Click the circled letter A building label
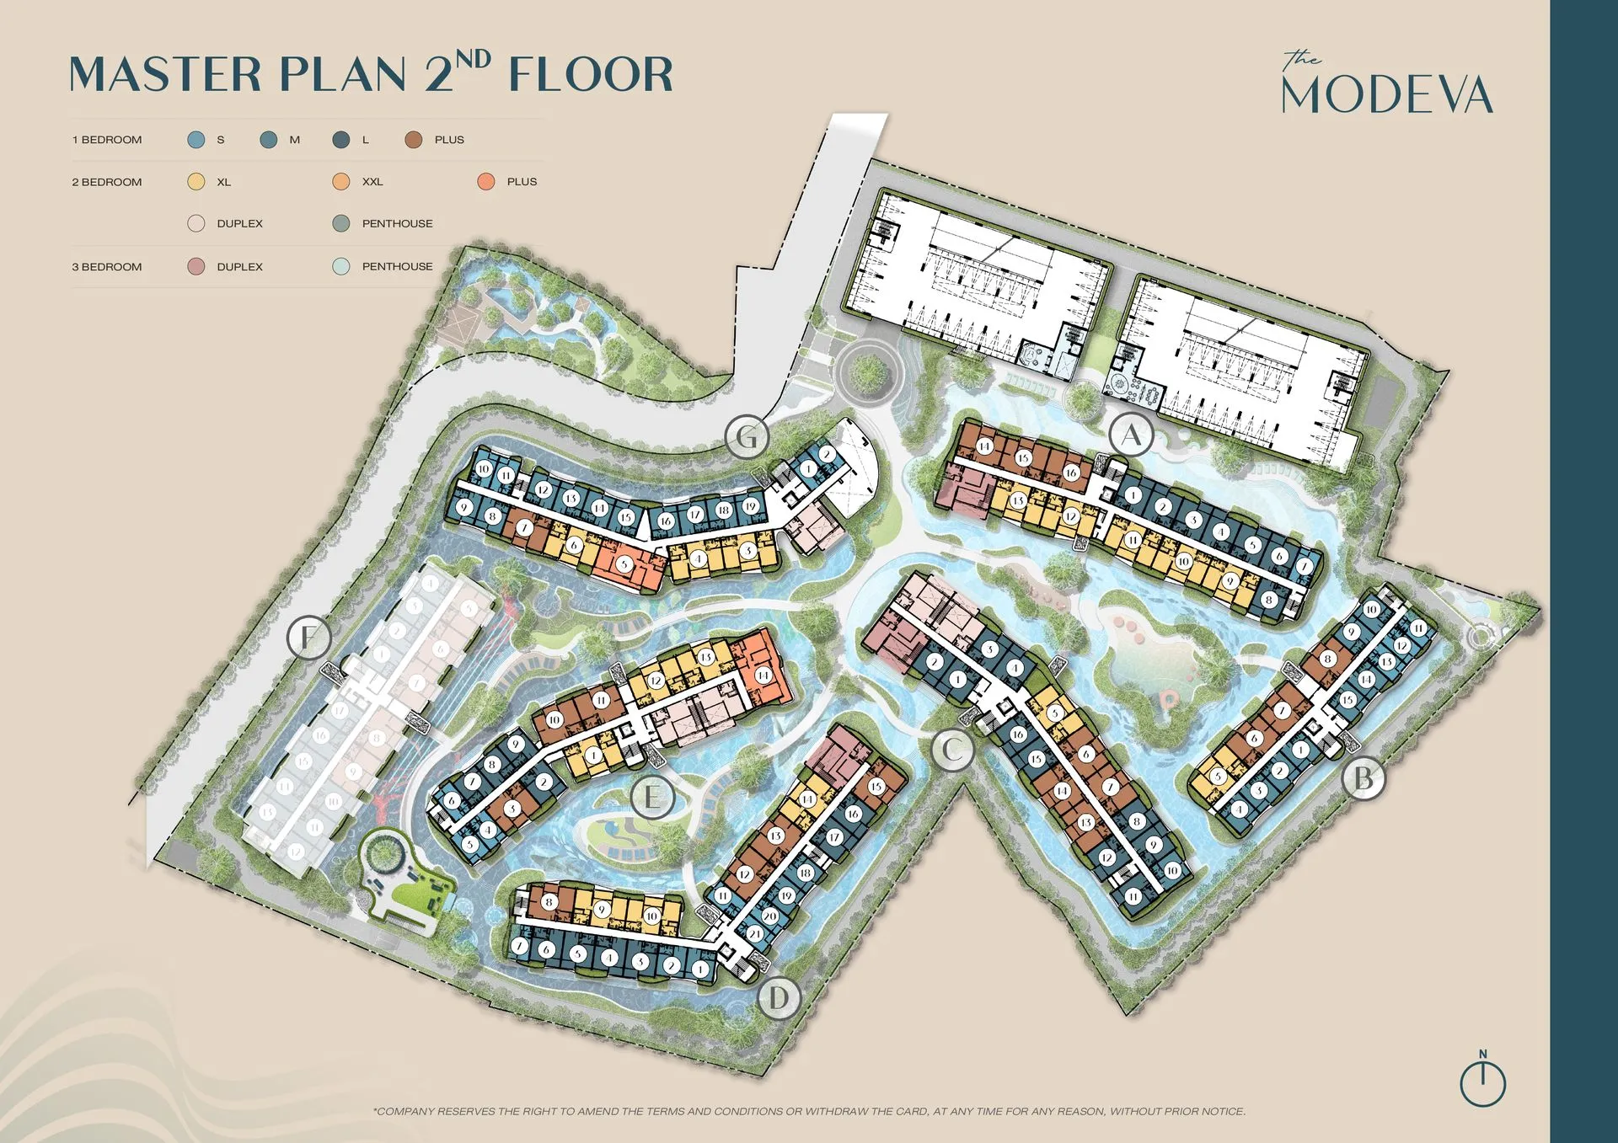pyautogui.click(x=1131, y=435)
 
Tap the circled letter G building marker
pyautogui.click(x=747, y=436)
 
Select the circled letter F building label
pyautogui.click(x=308, y=638)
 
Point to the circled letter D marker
pyautogui.click(x=779, y=998)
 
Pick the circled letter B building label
pyautogui.click(x=1363, y=778)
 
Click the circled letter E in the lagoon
pyautogui.click(x=652, y=796)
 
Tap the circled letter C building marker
pyautogui.click(x=953, y=749)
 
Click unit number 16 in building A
pyautogui.click(x=1070, y=473)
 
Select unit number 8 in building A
pyautogui.click(x=1269, y=601)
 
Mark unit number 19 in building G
pyautogui.click(x=750, y=507)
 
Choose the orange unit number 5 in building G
pyautogui.click(x=624, y=563)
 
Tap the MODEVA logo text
pyautogui.click(x=1387, y=94)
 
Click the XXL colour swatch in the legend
pyautogui.click(x=341, y=182)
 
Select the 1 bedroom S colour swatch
pyautogui.click(x=196, y=140)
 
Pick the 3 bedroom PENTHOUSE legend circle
pyautogui.click(x=341, y=266)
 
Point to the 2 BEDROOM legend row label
pyautogui.click(x=107, y=182)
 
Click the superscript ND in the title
pyautogui.click(x=474, y=59)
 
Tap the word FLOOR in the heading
pyautogui.click(x=591, y=74)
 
